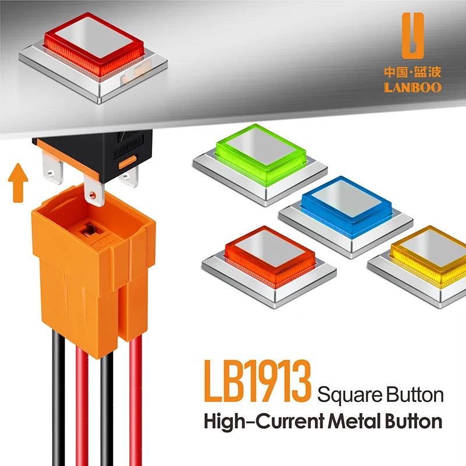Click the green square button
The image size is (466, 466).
point(260,164)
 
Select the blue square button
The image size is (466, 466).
point(346,217)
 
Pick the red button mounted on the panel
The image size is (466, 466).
point(93,57)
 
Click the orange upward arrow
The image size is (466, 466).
point(18,183)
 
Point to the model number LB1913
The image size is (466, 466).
point(257,382)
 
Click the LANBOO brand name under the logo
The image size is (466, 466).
point(413,87)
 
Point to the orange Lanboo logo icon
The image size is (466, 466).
point(413,36)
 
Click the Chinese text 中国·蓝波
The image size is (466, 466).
point(413,72)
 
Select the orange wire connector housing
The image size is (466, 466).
point(93,270)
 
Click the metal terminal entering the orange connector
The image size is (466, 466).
point(94,190)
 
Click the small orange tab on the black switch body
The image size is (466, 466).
point(128,162)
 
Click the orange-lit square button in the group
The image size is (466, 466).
point(269,266)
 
